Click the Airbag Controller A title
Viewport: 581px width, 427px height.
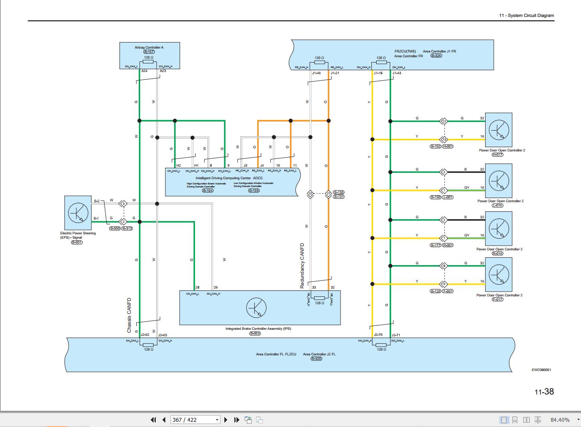tap(149, 47)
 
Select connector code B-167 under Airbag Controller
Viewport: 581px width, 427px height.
tap(149, 52)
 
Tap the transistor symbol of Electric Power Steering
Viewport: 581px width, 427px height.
tap(78, 213)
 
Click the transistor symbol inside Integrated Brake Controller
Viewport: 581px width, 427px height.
tap(256, 308)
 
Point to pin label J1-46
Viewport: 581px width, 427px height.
tap(316, 73)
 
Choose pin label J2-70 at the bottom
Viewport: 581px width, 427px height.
tap(378, 335)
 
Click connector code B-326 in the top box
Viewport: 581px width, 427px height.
tap(436, 56)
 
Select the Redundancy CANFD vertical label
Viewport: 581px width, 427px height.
tap(302, 266)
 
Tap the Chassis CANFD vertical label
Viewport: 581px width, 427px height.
tap(129, 315)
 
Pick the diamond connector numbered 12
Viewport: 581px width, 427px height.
tap(444, 121)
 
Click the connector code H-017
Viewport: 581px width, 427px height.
tap(497, 154)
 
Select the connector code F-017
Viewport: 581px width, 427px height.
tap(497, 299)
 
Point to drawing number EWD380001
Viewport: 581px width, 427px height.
tap(541, 370)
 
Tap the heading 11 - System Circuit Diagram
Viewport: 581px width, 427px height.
tap(526, 16)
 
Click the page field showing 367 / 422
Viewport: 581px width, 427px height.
tap(190, 420)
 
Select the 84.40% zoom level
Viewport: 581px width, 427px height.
tap(560, 420)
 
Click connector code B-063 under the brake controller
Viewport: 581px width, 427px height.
tap(255, 333)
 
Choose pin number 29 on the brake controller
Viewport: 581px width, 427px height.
tap(216, 288)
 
